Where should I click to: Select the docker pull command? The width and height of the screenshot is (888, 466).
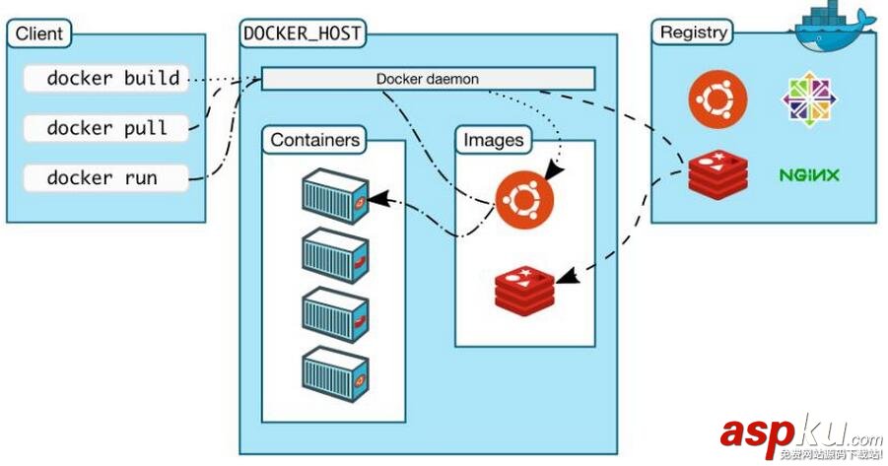click(105, 128)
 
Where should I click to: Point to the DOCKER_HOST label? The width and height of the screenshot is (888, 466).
click(303, 33)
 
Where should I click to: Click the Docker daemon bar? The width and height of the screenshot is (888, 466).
click(428, 78)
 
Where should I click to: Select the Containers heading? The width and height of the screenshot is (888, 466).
click(314, 140)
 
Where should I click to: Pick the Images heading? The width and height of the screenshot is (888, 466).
click(493, 140)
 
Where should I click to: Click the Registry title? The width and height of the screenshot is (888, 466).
click(693, 33)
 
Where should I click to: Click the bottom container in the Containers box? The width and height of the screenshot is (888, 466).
click(334, 370)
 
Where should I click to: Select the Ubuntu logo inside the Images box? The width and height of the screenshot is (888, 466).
click(524, 198)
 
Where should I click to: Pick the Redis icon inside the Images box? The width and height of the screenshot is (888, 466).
click(524, 286)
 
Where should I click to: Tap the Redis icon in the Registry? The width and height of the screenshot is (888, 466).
click(717, 174)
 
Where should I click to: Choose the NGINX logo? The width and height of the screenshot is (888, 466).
click(809, 175)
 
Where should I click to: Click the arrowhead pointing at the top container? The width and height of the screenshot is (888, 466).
click(376, 200)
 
